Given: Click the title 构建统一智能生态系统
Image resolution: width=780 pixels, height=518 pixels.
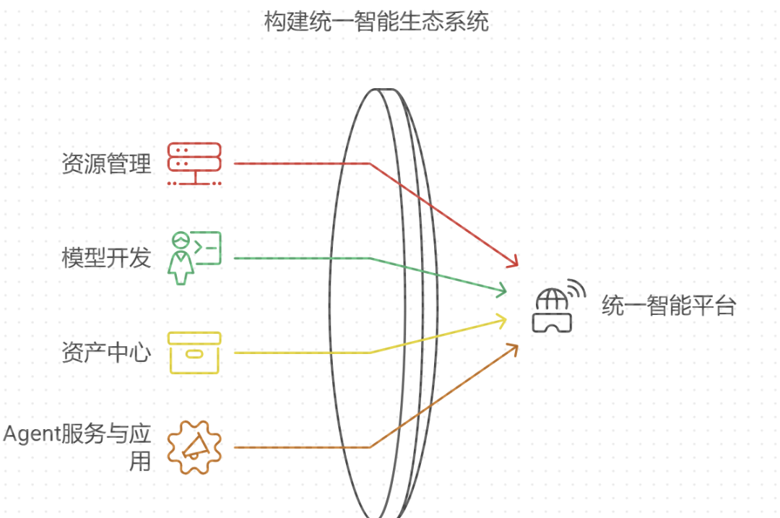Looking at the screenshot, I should point(376,22).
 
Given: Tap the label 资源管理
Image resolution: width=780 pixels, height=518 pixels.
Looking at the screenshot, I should point(106,164).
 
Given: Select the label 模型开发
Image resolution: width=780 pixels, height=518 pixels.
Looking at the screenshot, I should point(106,258).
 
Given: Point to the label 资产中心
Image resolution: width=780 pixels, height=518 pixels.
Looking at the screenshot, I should point(106,353).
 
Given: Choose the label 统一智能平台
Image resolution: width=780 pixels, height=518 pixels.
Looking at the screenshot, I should point(668,306).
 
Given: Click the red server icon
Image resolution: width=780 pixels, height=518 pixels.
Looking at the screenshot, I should point(194,163).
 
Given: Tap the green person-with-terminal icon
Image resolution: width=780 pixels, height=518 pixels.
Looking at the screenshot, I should point(194,258).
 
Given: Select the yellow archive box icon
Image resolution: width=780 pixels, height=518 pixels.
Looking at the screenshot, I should point(194,353).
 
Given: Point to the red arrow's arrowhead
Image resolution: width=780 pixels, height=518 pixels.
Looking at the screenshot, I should point(514,263).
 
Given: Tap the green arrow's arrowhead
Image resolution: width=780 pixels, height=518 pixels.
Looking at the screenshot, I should point(502,291).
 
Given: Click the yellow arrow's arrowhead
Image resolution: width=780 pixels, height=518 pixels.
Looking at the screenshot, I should point(502,320).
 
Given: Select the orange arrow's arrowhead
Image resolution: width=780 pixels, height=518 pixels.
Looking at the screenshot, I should point(514,348).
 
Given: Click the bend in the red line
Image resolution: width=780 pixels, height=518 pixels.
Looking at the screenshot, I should point(370,163).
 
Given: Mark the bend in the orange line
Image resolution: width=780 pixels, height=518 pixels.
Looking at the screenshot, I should point(370,447).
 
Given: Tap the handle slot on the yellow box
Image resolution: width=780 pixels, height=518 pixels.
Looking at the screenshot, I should point(194,353).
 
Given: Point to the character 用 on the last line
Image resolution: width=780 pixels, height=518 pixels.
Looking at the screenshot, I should point(139,461).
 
